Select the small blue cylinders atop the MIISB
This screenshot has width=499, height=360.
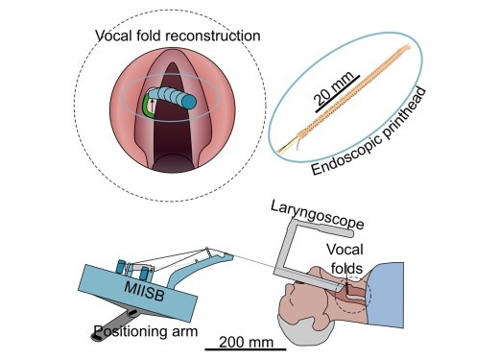point(119,268)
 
